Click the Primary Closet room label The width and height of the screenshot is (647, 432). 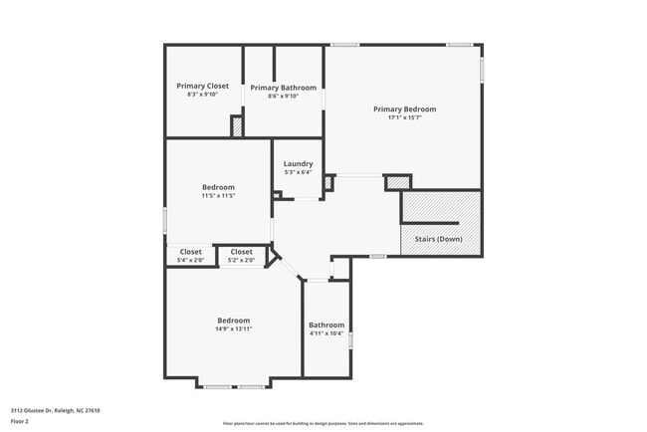coord(203,86)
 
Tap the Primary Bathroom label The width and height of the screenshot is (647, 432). coord(284,88)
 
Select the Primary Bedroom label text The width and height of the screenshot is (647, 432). coord(405,108)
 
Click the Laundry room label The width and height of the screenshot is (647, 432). coord(299,164)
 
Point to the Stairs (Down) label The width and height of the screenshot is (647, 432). coord(438,239)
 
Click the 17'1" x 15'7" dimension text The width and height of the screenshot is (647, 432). coord(405,117)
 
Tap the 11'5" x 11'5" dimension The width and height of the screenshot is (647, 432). coord(218,196)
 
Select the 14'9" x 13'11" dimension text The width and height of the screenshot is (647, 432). coord(233,329)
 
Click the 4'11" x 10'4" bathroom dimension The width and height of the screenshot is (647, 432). coord(326,333)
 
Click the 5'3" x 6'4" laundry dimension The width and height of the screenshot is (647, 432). coord(299,173)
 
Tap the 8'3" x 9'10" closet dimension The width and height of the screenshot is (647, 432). coord(203,95)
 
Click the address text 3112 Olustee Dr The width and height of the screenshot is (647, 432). coord(56,410)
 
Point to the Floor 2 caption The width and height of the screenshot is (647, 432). coord(21,422)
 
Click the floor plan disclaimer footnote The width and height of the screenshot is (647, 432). coord(323,423)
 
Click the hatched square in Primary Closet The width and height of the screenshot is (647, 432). coord(237,127)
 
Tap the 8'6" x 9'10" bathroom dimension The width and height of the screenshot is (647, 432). coord(284,97)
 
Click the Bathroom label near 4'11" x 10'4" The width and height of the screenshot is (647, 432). coord(326,324)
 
